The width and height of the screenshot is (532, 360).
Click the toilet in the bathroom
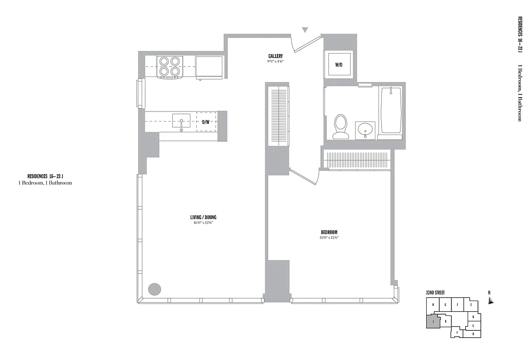[x=341, y=126]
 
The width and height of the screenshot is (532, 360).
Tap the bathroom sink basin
[x=365, y=130]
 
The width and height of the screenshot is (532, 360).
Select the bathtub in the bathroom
[x=391, y=110]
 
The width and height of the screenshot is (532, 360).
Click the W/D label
[x=338, y=65]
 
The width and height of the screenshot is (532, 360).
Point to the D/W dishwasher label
[x=206, y=122]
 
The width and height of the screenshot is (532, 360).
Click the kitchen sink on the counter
[x=181, y=121]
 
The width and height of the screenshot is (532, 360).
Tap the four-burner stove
[x=170, y=66]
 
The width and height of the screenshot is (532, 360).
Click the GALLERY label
[x=275, y=56]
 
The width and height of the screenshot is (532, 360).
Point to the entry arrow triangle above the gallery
[x=305, y=30]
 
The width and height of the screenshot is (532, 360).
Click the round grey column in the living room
[x=155, y=289]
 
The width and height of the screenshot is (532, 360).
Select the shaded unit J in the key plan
[x=433, y=321]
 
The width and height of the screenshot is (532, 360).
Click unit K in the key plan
[x=445, y=321]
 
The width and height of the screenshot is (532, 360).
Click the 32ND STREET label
[x=435, y=293]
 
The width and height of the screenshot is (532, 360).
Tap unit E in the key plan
[x=470, y=305]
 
